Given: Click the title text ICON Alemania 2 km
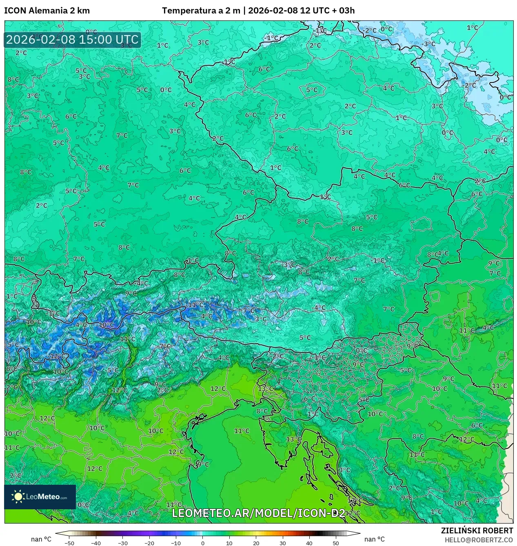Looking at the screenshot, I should [47, 11].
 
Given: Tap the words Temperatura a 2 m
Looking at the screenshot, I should [201, 11].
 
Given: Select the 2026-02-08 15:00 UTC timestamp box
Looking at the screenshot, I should [72, 40].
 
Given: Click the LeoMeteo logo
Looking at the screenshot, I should [40, 497].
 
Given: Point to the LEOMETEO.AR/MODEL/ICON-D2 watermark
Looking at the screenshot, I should [258, 513].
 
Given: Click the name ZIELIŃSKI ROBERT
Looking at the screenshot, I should [477, 530].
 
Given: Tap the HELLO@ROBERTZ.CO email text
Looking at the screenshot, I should [478, 539].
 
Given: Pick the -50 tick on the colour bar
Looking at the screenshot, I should [69, 543].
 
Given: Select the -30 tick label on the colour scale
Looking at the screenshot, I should [123, 543].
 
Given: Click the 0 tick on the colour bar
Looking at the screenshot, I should [203, 543].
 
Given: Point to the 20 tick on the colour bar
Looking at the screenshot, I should [256, 543].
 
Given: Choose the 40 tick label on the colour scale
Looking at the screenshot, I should [309, 543].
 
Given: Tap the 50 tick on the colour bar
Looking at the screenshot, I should [335, 543].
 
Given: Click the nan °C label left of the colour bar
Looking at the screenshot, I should [41, 539].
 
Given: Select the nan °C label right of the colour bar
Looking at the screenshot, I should [374, 539].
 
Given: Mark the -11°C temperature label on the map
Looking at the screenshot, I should [195, 305].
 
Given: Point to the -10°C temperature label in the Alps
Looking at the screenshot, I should [106, 325].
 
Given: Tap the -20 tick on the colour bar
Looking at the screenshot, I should [149, 543].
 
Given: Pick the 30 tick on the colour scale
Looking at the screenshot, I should [282, 543].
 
